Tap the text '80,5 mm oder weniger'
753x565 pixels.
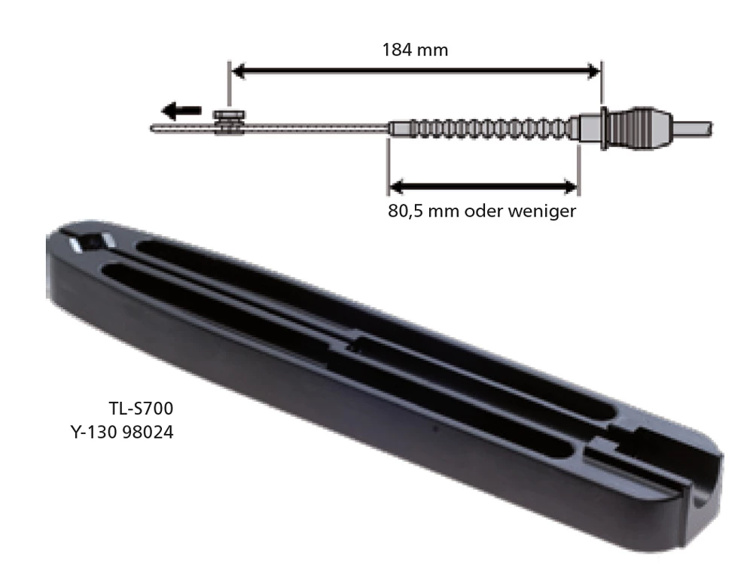482,211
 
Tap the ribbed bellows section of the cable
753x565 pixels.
482,129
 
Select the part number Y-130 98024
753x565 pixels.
121,433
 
